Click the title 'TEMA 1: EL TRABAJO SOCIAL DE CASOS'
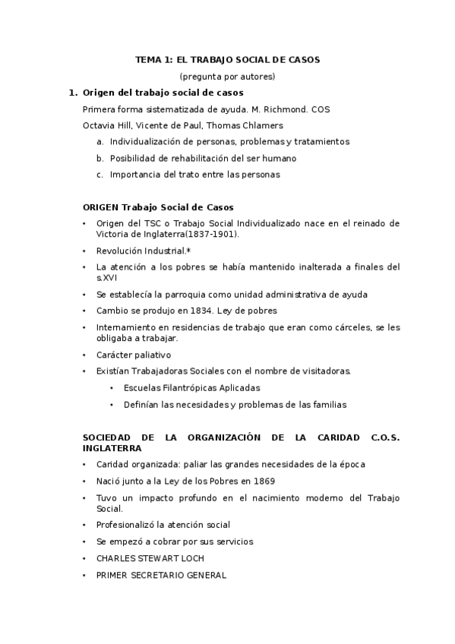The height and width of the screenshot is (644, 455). [x=227, y=59]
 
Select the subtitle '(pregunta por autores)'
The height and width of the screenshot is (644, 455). [x=227, y=76]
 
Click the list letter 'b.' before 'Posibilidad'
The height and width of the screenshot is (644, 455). [x=100, y=158]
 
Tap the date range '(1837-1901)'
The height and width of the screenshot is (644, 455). [x=215, y=234]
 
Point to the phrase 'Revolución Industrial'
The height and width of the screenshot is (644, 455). [x=141, y=251]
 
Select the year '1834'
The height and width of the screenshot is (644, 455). [x=207, y=311]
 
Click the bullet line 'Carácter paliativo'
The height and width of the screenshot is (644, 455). [x=133, y=355]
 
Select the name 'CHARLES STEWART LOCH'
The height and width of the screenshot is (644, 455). [x=150, y=558]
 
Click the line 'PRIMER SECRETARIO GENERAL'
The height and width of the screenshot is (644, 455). [x=161, y=575]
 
